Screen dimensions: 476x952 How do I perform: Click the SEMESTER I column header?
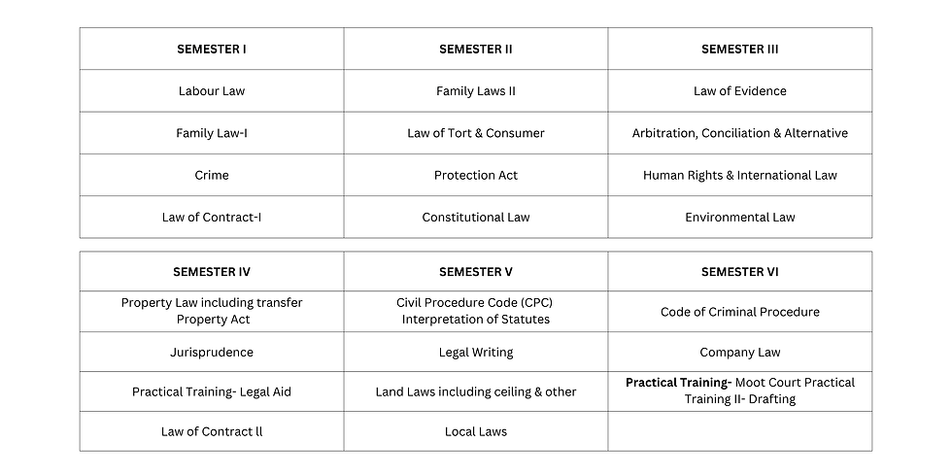click(212, 49)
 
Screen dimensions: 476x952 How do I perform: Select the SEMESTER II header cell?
click(476, 49)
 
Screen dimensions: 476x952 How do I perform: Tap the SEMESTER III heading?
click(740, 49)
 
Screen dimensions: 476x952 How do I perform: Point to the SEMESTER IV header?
click(212, 272)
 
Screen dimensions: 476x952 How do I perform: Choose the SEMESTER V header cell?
click(476, 272)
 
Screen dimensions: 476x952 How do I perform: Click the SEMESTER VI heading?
click(740, 272)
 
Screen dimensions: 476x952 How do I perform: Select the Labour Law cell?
click(212, 91)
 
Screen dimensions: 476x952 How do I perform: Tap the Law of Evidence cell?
click(740, 91)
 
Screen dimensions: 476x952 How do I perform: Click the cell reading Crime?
click(212, 175)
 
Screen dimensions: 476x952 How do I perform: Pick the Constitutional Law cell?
click(476, 217)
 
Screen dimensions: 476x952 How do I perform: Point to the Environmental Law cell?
click(740, 217)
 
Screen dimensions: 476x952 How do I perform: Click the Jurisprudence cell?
click(212, 352)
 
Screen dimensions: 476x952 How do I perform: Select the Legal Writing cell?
click(476, 352)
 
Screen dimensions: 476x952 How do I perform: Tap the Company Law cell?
click(740, 352)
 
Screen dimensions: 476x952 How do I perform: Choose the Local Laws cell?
click(476, 431)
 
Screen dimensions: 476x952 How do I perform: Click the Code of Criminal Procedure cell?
click(740, 312)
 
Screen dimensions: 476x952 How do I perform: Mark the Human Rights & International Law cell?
click(740, 175)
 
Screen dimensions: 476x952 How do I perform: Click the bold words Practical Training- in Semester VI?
click(678, 383)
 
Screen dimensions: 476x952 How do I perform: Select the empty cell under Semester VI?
click(740, 431)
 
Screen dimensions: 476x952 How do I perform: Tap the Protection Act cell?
click(476, 175)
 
